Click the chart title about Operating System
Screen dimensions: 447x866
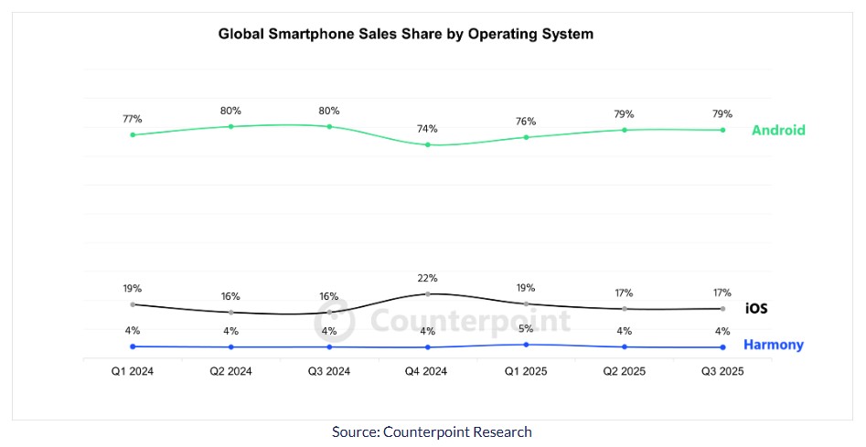[x=405, y=34]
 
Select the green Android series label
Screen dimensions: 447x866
[x=778, y=131]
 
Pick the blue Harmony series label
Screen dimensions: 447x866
[x=773, y=345]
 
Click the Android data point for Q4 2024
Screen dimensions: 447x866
[x=428, y=144]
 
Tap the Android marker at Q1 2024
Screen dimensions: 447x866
[x=133, y=135]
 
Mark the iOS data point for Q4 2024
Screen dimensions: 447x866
[x=428, y=294]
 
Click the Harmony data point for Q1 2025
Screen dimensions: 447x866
[x=526, y=345]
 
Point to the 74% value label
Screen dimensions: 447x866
[x=428, y=129]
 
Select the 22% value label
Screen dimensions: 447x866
[x=428, y=278]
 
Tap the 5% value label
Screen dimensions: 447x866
[x=526, y=328]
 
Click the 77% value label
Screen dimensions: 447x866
[x=133, y=119]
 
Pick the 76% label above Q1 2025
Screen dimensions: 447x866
[x=526, y=122]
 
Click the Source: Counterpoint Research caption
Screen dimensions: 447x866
[x=432, y=431]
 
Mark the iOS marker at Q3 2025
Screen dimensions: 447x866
[x=722, y=309]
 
